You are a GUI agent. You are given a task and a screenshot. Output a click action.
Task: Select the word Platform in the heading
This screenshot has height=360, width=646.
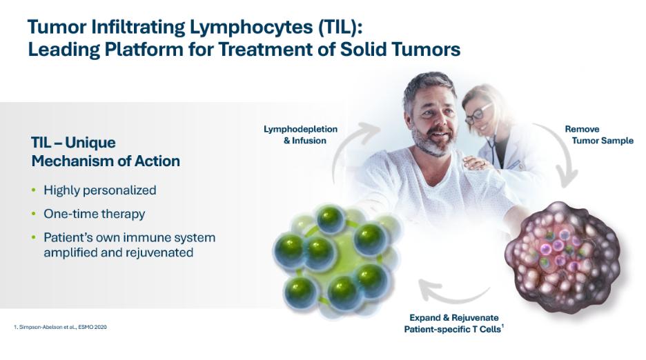pos(144,50)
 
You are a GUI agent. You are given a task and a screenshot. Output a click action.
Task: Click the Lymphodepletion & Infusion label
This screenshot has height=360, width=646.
pos(300,134)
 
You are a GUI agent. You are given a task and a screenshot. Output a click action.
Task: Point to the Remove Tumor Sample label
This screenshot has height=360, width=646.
pos(599,134)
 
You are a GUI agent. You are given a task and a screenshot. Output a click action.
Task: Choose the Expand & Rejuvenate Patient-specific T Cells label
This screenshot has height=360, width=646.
pos(454,323)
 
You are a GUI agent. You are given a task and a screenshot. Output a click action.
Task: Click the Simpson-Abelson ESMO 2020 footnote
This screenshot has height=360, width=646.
pos(60,327)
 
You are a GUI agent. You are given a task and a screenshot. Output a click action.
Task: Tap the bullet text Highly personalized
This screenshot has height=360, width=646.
pos(100,190)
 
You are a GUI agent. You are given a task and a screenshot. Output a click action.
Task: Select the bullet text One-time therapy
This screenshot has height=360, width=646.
pos(95,214)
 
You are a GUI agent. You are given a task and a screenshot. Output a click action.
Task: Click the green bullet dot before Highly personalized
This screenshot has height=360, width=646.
pos(34,190)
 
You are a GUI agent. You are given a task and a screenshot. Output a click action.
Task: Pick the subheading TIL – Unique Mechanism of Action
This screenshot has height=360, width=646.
pos(106,152)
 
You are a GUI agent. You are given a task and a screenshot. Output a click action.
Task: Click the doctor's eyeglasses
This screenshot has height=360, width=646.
pos(478,114)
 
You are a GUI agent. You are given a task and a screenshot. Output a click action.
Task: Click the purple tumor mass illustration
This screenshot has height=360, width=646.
pos(563,256)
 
